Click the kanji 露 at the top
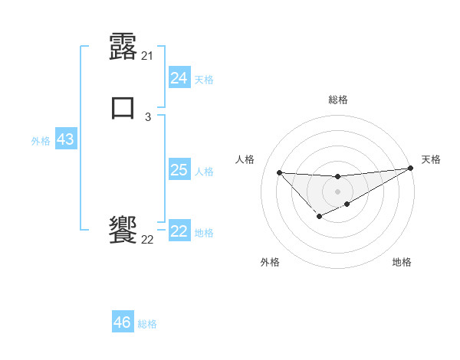pos(123,47)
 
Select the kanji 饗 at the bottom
pos(123,229)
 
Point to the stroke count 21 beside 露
pos(148,55)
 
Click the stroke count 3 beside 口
pos(148,116)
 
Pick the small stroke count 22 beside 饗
pos(148,239)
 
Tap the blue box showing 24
pos(179,78)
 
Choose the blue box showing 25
pos(179,170)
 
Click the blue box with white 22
pos(179,231)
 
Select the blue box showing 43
pos(65,139)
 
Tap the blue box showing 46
pos(122,322)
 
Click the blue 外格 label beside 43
pos(41,141)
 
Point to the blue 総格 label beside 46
pos(147,324)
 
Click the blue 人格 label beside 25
pos(205,172)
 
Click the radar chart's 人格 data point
pos(279,172)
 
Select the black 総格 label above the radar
pos(338,100)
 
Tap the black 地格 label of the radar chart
pos(402,262)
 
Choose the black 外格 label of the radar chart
pos(270,262)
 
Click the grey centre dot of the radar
pos(337,191)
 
